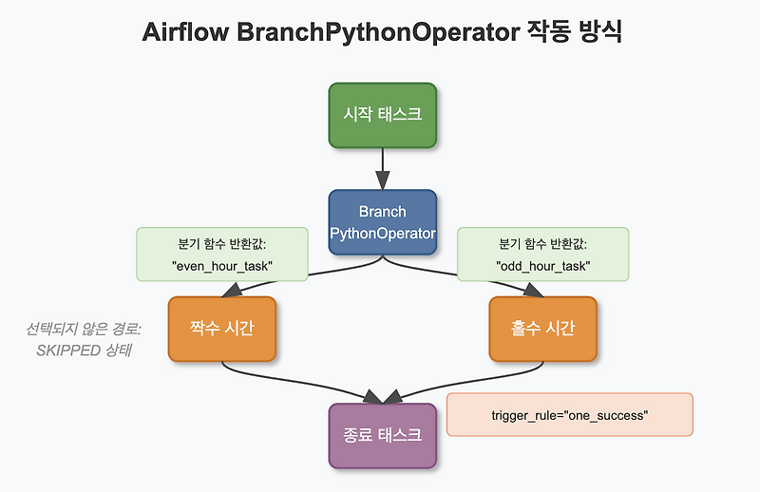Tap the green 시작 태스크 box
(x=382, y=115)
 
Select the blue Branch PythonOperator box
(x=382, y=222)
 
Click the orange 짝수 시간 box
(x=221, y=329)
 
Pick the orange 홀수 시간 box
(x=542, y=329)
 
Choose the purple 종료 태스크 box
(x=382, y=436)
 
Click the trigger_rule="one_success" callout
(x=569, y=415)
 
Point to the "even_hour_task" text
(x=222, y=266)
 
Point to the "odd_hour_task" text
(x=542, y=266)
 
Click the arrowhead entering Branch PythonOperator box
(x=382, y=180)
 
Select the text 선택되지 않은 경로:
(x=84, y=331)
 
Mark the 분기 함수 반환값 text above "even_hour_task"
(x=222, y=242)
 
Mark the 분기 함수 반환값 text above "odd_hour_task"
(x=542, y=242)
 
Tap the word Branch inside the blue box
(x=382, y=211)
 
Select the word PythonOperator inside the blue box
(x=382, y=233)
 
